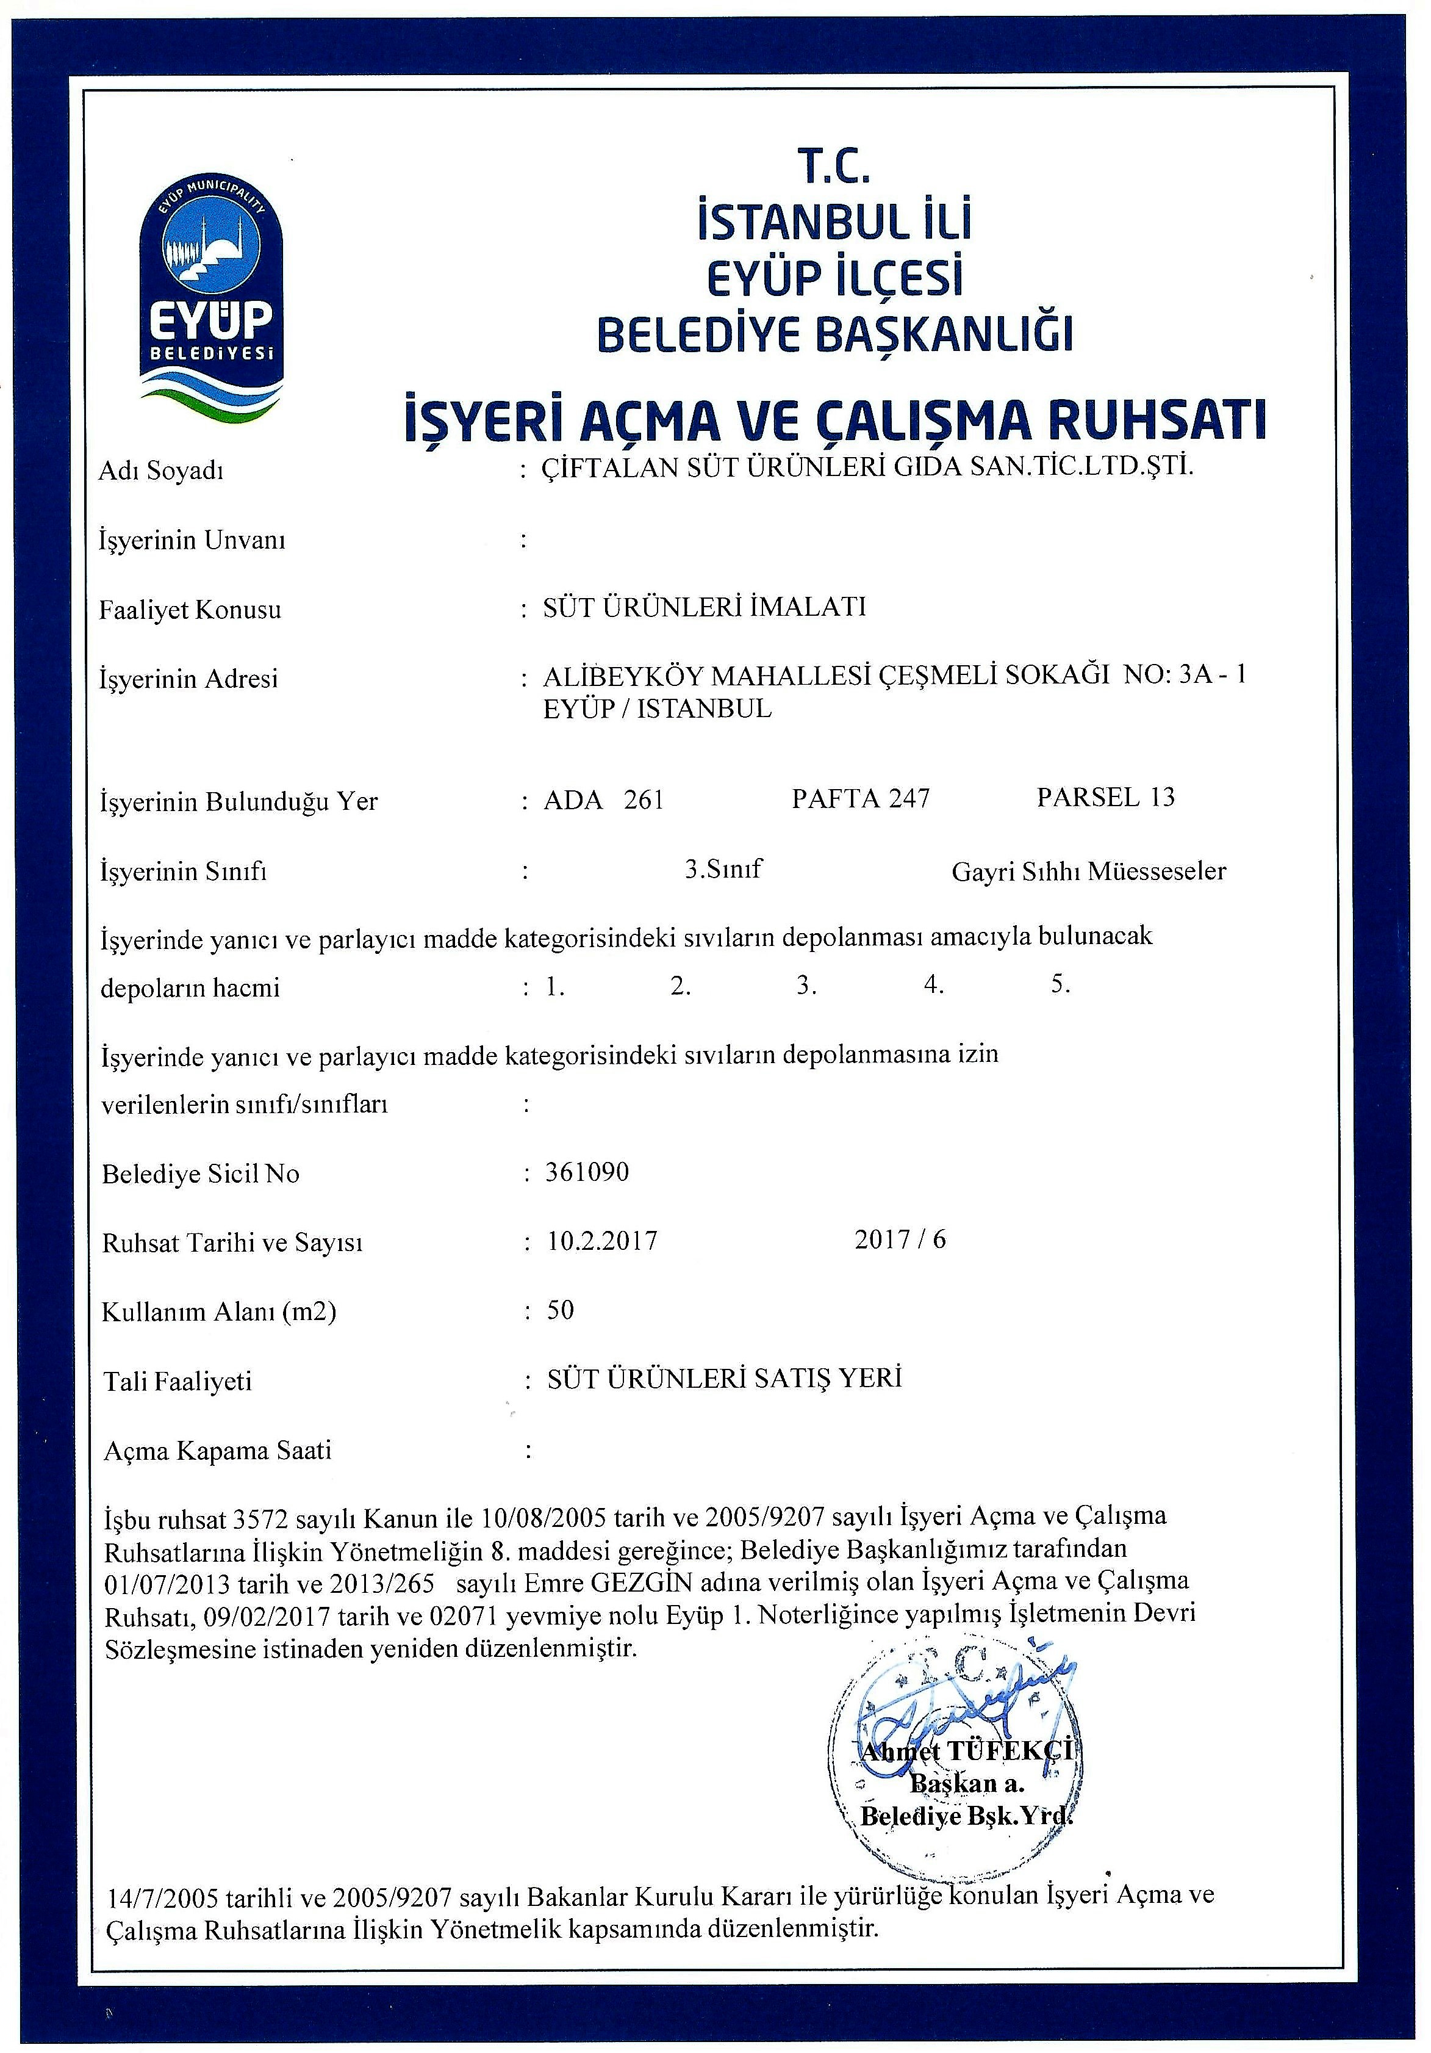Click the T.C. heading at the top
(833, 167)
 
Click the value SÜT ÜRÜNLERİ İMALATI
(705, 607)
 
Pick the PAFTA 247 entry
(860, 798)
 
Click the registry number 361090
(587, 1171)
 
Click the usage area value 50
(561, 1310)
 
